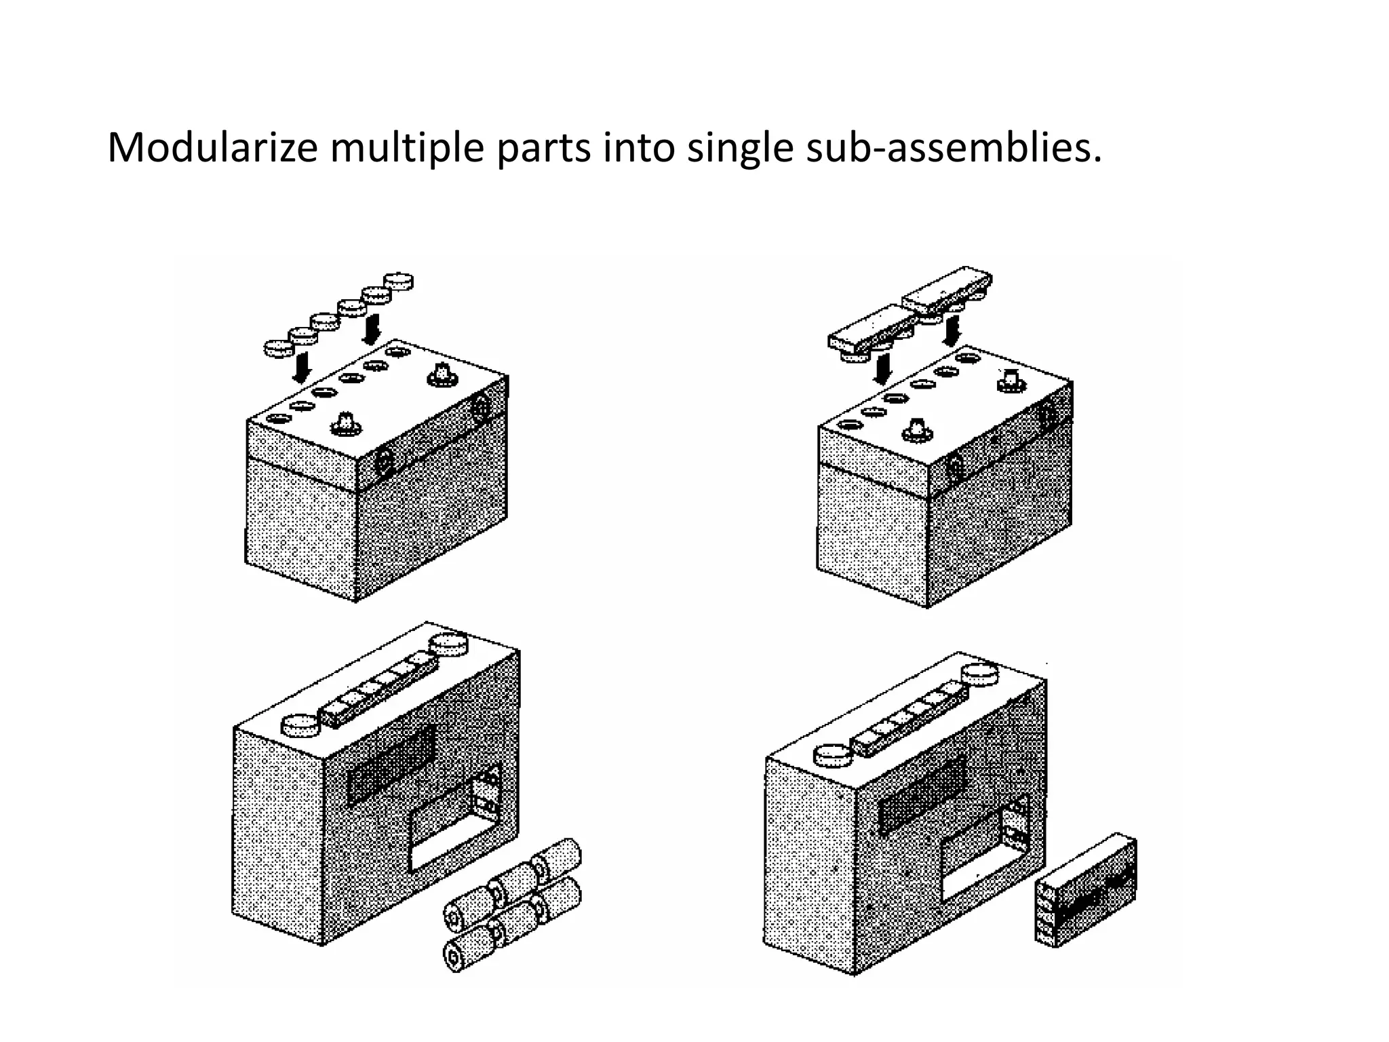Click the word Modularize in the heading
[x=212, y=148]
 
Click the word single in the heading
[x=739, y=148]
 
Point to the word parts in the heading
[x=543, y=148]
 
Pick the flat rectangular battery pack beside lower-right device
[x=1086, y=890]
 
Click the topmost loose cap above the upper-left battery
[x=399, y=281]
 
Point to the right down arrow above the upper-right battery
[x=952, y=328]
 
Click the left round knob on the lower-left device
[x=299, y=726]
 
